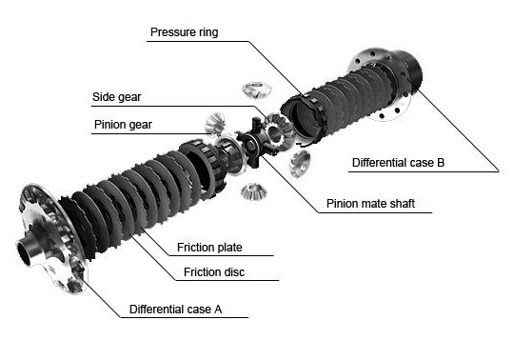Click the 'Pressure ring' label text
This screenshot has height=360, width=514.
pos(185,32)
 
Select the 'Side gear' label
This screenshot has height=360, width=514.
pos(117,97)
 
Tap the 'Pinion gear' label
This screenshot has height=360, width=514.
pos(123,125)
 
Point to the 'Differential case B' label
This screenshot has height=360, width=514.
pos(398,163)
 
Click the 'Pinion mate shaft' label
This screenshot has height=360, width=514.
pos(370,204)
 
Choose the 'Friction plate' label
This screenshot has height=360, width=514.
pos(209,248)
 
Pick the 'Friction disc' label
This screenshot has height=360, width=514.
pos(214,272)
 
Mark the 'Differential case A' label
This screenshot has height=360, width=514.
pos(175,310)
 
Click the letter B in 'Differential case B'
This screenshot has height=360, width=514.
pos(441,163)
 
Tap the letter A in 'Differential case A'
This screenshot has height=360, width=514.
pos(218,310)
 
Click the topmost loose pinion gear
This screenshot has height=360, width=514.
pos(257,90)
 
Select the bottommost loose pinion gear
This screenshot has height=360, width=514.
pos(254,192)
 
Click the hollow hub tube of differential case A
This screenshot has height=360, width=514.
pos(28,250)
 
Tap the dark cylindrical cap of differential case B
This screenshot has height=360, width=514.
pos(410,70)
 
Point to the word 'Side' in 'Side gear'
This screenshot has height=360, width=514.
pos(103,97)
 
